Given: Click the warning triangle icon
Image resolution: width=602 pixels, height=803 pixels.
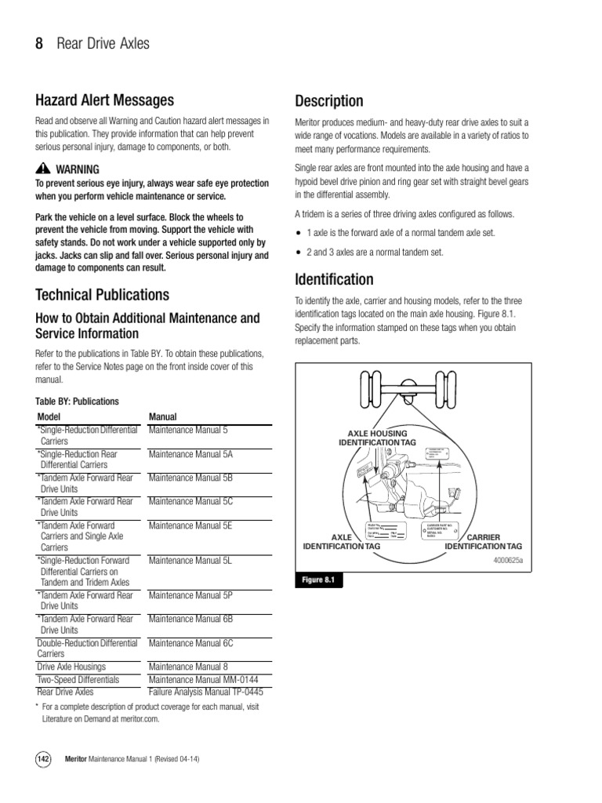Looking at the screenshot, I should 42,169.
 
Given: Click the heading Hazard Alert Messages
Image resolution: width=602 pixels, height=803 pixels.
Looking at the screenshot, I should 104,100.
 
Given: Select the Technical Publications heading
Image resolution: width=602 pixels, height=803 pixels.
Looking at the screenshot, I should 102,295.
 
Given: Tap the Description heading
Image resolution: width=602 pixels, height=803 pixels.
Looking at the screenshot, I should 328,101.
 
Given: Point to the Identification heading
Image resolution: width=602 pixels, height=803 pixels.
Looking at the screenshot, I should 334,280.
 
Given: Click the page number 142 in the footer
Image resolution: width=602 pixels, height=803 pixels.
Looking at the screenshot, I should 44,760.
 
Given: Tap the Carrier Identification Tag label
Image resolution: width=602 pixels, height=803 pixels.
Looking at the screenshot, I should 483,542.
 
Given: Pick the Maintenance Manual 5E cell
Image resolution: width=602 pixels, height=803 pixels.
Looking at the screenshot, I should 190,525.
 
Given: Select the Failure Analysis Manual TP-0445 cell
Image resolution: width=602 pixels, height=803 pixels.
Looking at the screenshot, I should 205,692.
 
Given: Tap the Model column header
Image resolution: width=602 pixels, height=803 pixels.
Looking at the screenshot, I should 49,417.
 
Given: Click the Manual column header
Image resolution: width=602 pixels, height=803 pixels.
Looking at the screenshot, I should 162,417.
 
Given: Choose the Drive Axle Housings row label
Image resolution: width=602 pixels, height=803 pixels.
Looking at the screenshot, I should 71,667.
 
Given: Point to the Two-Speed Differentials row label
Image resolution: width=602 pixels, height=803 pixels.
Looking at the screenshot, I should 78,680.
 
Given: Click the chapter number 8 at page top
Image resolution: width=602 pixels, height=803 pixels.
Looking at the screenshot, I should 39,44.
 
